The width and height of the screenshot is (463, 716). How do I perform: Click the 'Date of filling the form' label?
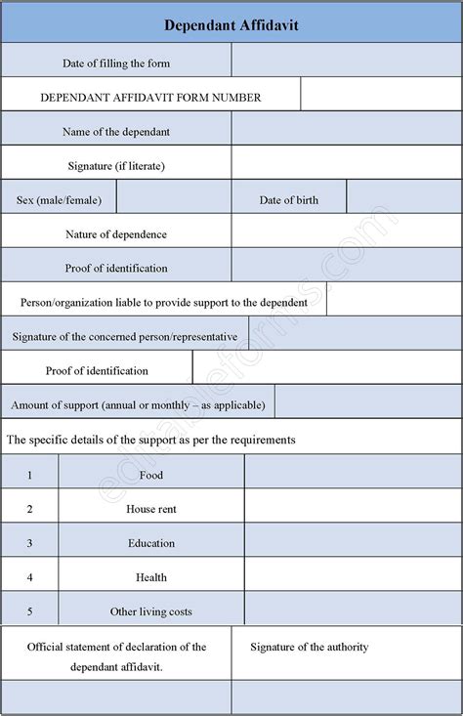(x=116, y=63)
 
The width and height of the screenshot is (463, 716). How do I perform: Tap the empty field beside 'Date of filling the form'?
(x=346, y=63)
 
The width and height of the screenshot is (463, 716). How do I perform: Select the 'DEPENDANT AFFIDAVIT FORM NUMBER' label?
(x=150, y=98)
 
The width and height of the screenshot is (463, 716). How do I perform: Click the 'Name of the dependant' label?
(x=116, y=132)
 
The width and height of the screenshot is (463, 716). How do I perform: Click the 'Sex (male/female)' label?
(x=59, y=200)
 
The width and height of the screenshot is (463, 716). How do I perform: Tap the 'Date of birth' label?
(x=288, y=200)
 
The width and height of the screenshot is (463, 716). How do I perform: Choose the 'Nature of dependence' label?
(x=116, y=234)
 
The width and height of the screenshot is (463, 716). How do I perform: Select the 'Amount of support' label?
(x=138, y=402)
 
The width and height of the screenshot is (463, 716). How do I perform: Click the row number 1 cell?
(x=30, y=475)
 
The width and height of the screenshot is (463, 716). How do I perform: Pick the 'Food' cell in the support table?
(x=151, y=475)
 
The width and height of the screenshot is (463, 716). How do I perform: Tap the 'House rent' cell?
(x=151, y=509)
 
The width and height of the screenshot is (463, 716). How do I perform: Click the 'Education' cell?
(x=151, y=543)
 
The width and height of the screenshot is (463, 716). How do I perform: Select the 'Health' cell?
(x=151, y=577)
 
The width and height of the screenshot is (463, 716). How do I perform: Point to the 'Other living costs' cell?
(x=151, y=611)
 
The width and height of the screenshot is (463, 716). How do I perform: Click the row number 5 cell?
(x=30, y=611)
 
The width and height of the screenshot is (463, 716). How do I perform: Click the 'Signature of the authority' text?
(x=309, y=647)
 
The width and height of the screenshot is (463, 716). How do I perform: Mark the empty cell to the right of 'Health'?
(x=353, y=577)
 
